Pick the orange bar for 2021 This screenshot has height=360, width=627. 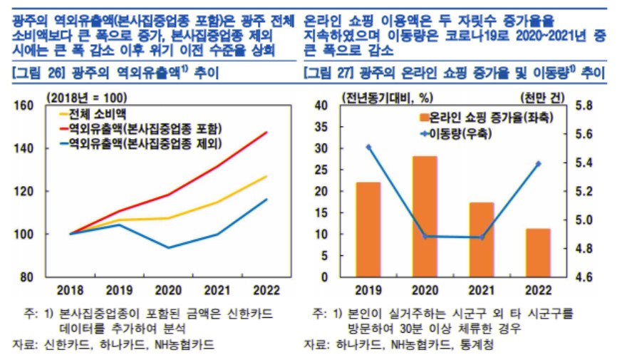[x=482, y=240]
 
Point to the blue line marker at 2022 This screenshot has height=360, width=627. [x=538, y=163]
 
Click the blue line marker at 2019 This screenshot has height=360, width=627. [x=368, y=147]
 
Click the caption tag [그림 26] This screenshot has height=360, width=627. [x=39, y=72]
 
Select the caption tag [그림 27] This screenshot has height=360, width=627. [x=330, y=72]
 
